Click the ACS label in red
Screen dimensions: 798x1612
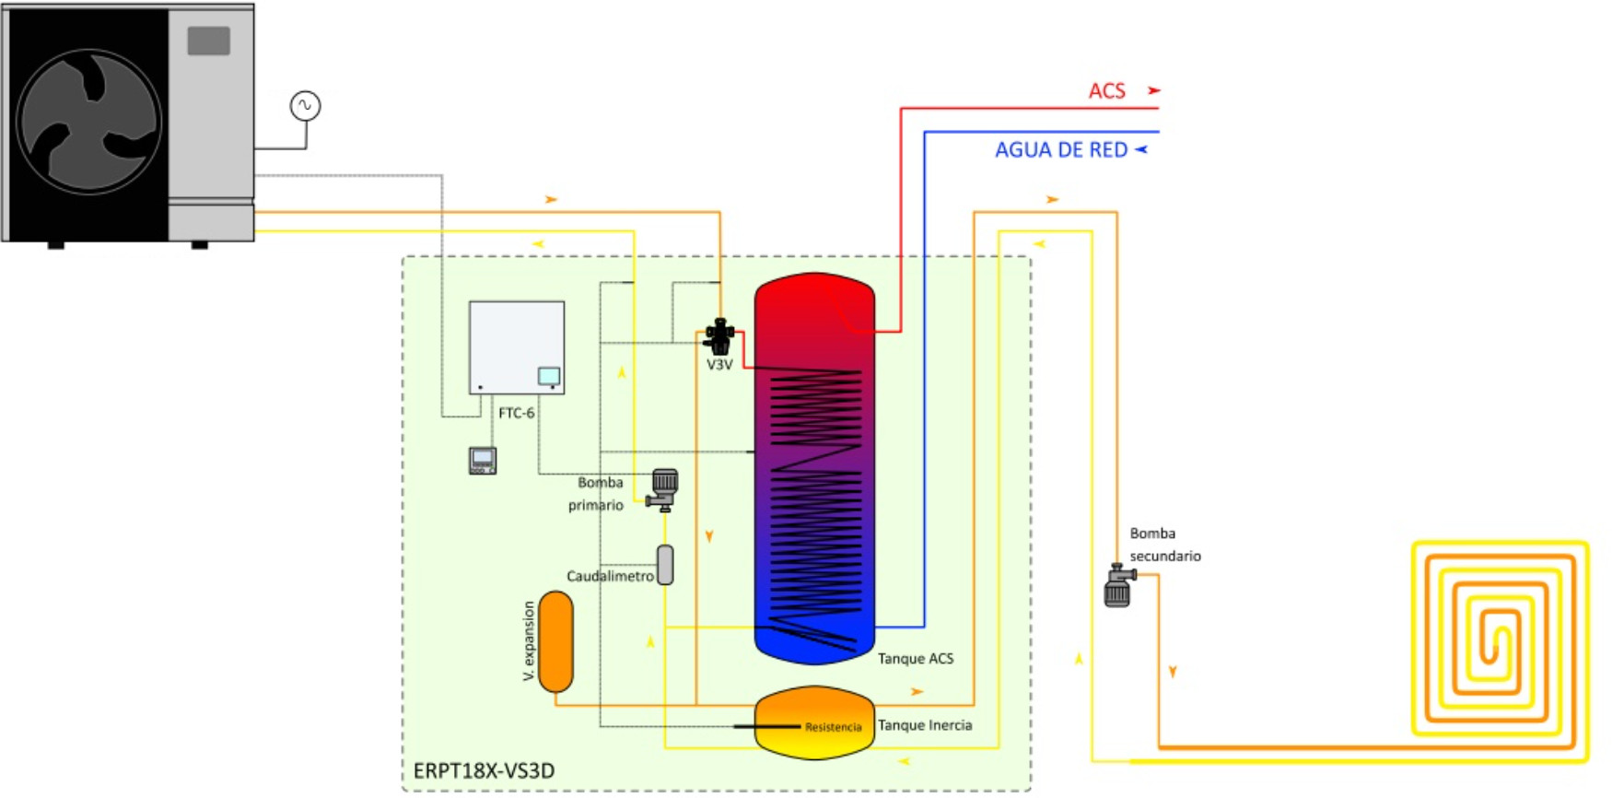coord(1106,91)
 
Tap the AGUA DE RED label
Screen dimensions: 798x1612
coord(1060,150)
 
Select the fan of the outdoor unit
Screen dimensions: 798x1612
coord(89,122)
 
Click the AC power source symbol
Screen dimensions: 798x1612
coord(305,106)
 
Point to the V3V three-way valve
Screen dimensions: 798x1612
coord(718,336)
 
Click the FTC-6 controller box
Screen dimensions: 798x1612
coord(516,346)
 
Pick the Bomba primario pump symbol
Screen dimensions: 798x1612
coord(663,489)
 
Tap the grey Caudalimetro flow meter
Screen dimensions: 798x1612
coord(665,565)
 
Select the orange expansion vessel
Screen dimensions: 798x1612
coord(555,641)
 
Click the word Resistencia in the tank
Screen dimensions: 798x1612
coord(833,727)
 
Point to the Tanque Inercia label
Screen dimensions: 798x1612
coord(925,725)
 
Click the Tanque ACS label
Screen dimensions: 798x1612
coord(915,659)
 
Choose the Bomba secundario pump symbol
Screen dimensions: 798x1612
coord(1118,587)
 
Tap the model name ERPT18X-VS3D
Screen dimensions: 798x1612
coord(484,770)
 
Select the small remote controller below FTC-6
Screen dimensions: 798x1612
coord(483,460)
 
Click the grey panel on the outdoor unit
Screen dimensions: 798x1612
coord(209,41)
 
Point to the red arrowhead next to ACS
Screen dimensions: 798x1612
coord(1153,90)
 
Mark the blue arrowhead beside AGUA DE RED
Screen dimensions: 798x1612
coord(1141,149)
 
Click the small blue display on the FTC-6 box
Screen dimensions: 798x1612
coord(549,375)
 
